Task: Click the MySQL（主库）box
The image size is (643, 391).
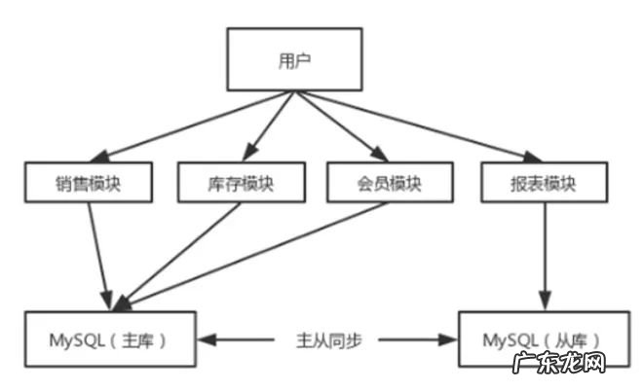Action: coord(110,339)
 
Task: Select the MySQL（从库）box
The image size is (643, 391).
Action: coord(542,339)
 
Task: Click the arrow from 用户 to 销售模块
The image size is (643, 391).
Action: coord(195,127)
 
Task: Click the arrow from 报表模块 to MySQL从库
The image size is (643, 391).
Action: coord(543,253)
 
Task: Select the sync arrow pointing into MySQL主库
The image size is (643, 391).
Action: coord(234,340)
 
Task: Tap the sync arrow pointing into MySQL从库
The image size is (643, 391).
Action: coord(419,340)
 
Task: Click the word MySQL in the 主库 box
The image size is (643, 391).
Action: coord(74,339)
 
